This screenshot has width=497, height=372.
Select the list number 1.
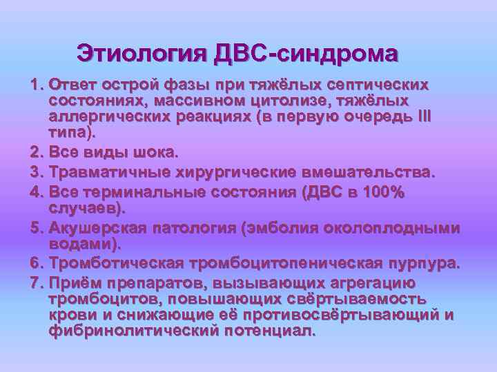[36, 85]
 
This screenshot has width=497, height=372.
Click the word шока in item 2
[136, 151]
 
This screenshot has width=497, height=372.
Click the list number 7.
[36, 283]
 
